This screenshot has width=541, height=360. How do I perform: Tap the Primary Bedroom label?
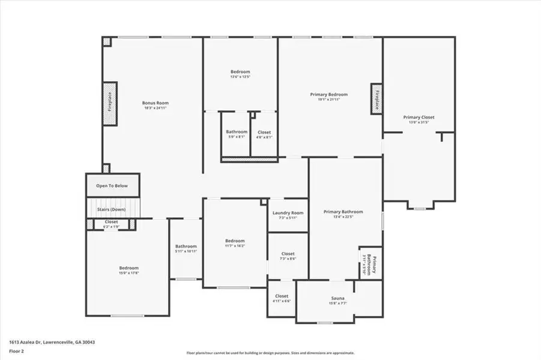pos(328,95)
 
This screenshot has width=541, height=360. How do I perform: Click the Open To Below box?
pos(112,186)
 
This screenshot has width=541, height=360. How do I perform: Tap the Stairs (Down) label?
pos(111,209)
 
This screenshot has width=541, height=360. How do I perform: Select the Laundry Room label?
pos(288,213)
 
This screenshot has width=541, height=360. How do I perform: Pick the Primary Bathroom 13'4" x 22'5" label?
pos(343,212)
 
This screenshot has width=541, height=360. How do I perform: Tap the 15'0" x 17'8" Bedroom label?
pos(128,268)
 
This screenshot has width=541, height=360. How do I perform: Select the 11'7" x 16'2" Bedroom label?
pos(234,241)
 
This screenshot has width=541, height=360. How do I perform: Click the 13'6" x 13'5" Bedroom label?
pos(240,72)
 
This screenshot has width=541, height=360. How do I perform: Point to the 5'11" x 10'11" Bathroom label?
pos(186,247)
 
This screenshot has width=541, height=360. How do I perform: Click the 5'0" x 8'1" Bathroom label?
pos(237,132)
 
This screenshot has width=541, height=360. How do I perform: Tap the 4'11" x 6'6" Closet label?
pos(282,296)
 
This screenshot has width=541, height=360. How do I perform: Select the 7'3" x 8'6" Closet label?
pos(288,254)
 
